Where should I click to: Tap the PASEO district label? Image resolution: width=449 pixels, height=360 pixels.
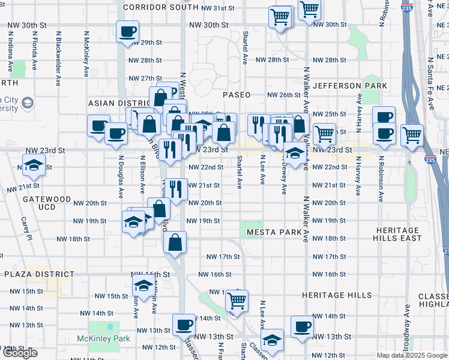[237, 95]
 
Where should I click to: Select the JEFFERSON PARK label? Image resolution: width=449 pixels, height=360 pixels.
[349, 86]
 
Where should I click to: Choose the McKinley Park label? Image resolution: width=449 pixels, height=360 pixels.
[103, 339]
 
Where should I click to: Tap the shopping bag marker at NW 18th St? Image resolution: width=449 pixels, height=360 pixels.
[175, 242]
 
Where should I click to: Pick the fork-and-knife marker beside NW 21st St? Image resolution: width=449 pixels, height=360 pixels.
[175, 190]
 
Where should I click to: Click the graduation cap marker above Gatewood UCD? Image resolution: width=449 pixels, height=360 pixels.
[34, 164]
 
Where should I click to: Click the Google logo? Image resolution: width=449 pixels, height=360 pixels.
[20, 353]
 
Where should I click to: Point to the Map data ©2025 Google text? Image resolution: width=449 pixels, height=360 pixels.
[411, 355]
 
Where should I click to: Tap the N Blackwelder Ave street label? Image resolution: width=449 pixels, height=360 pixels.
[58, 58]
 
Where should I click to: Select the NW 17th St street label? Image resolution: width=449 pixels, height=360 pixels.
[223, 257]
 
